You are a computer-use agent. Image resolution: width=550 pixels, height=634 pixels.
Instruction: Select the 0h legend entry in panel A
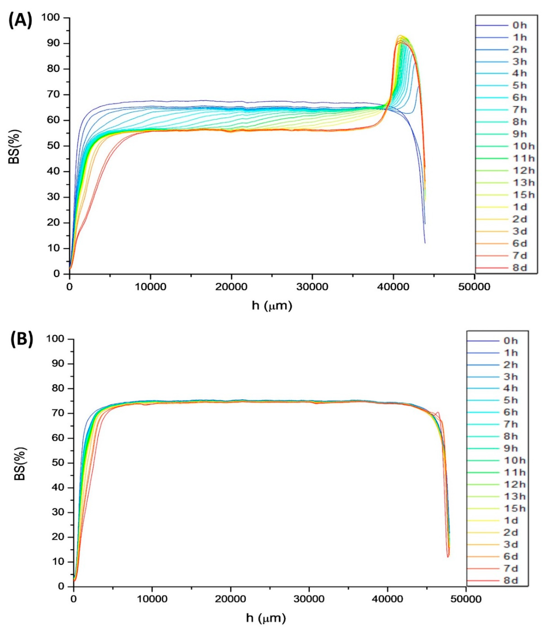519,26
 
